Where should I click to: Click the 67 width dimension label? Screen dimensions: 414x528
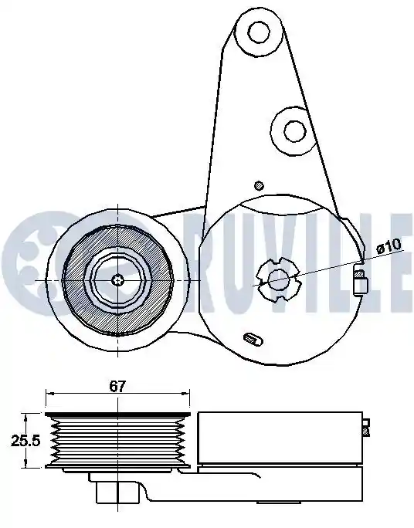117,386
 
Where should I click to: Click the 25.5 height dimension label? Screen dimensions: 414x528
25,440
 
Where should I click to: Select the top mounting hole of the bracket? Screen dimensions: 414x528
259,32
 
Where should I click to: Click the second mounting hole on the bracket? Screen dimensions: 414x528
295,131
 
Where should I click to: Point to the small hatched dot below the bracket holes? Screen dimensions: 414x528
259,185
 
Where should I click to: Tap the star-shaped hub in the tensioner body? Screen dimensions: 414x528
279,280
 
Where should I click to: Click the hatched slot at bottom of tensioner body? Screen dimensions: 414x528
253,339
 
